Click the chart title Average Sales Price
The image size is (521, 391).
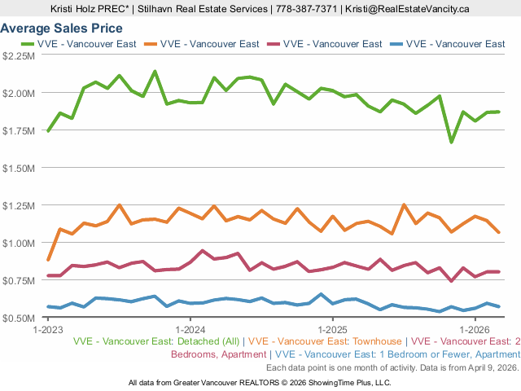point(61,29)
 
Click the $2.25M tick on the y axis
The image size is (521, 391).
point(19,55)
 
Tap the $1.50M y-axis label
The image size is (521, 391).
point(19,168)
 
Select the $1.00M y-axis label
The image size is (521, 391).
point(19,243)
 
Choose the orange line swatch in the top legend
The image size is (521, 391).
point(150,44)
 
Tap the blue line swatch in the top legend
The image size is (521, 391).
point(395,44)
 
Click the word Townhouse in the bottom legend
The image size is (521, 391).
point(376,341)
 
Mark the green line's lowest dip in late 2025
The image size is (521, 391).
point(452,142)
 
